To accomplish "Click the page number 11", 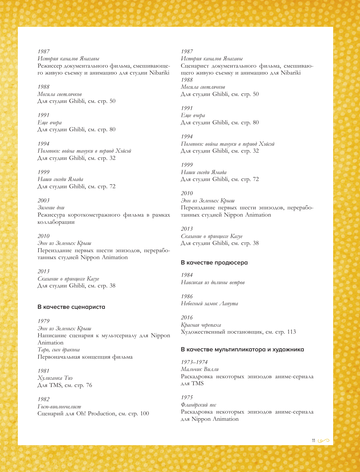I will pos(313,441).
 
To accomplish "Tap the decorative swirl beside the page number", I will pos(323,441).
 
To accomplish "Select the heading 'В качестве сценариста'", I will pos(71,307).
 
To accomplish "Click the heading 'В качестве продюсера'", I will pos(214,263).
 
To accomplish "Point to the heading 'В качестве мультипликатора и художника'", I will pos(242,350).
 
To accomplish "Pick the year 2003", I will pos(43,201).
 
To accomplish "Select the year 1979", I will pos(43,321).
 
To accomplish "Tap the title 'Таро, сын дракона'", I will pos(59,350).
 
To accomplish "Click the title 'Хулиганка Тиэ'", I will pos(55,378).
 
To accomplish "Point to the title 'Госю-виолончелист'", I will pos(59,407).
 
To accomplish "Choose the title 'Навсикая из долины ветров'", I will pos(213,283).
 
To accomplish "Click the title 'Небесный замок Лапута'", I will pos(209,304).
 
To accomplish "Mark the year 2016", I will pos(187,318).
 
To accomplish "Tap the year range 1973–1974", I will pos(194,362).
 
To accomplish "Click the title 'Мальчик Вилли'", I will pos(200,369).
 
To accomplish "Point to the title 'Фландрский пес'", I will pos(199,405).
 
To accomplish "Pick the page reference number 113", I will pos(292,332).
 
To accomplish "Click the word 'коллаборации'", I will pos(56,222).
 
